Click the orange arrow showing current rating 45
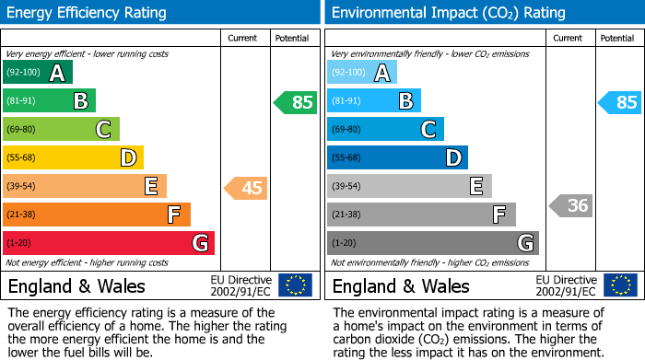[246, 188]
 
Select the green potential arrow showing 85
[295, 102]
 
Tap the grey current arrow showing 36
[570, 205]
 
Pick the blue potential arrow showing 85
[619, 102]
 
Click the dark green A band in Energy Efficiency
[38, 73]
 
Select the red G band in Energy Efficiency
[109, 244]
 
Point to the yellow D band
[73, 158]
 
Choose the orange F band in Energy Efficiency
[97, 215]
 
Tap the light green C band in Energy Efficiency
[61, 130]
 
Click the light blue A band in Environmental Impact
[362, 73]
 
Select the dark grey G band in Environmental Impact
[433, 244]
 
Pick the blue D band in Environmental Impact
[397, 158]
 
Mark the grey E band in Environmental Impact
[409, 187]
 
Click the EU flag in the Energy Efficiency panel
[295, 285]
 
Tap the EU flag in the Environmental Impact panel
[619, 285]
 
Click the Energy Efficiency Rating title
[88, 13]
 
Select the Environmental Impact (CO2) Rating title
[448, 13]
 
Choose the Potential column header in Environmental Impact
[617, 38]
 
